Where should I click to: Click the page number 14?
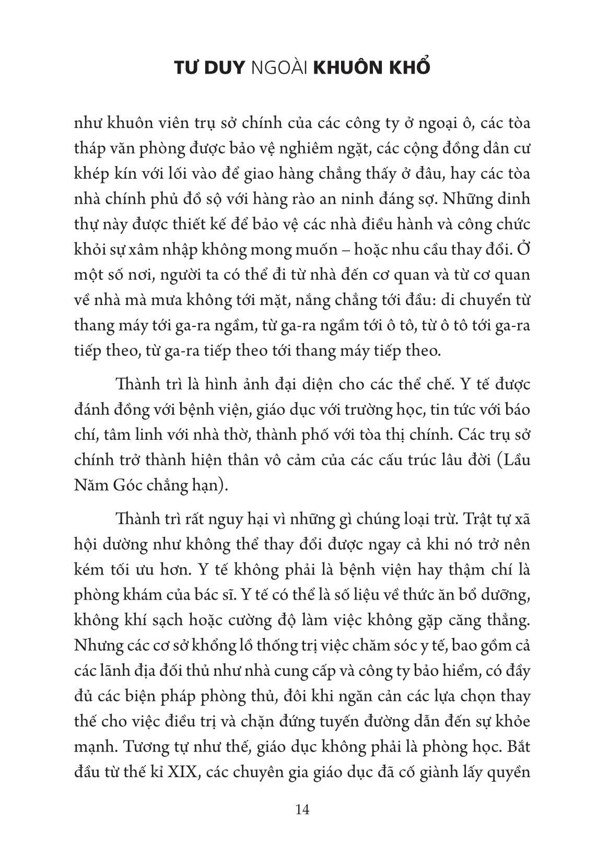(302, 810)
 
